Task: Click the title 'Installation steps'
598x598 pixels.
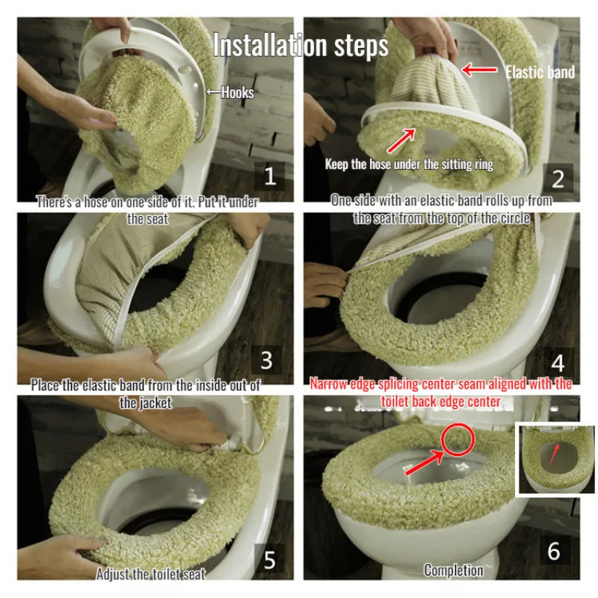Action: click(x=300, y=46)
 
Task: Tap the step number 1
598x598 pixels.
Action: click(x=270, y=176)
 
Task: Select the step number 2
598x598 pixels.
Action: click(x=558, y=179)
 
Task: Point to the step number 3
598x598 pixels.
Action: click(x=267, y=360)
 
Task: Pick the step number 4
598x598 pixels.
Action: click(x=558, y=363)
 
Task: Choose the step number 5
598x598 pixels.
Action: click(x=270, y=560)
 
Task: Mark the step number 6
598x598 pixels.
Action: click(x=554, y=551)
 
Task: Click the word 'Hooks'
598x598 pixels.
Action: click(x=237, y=92)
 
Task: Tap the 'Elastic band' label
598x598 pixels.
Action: click(x=540, y=72)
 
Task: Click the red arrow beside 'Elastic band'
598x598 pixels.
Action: click(x=479, y=70)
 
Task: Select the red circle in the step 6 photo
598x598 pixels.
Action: click(x=457, y=439)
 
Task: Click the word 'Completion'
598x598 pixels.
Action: click(x=454, y=570)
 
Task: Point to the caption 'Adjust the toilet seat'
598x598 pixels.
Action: click(x=151, y=574)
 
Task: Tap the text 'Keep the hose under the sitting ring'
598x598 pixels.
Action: click(x=409, y=164)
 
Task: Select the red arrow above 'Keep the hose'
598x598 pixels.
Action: click(x=401, y=141)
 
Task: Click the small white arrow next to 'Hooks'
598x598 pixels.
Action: click(x=214, y=92)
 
